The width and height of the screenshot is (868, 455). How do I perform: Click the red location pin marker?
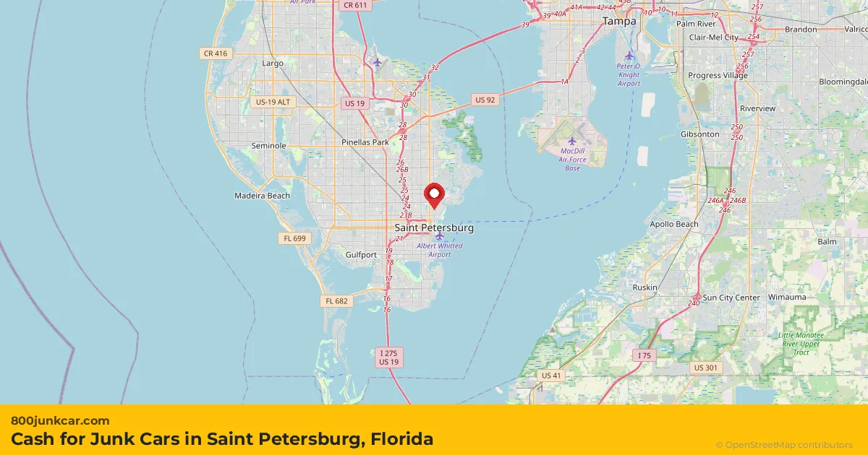433,194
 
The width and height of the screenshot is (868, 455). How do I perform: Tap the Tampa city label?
619,22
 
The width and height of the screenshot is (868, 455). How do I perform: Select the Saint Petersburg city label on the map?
434,228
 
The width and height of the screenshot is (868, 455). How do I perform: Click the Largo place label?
273,64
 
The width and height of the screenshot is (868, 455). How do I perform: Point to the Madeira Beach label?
262,196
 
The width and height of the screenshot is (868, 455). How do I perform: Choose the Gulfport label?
361,255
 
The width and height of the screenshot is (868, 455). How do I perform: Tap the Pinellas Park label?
365,142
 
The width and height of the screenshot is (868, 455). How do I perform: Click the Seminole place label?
268,146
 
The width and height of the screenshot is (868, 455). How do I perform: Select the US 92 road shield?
485,100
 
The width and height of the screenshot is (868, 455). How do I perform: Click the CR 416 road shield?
216,53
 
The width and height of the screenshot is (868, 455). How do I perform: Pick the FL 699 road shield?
295,238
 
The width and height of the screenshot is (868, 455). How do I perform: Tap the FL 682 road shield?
337,301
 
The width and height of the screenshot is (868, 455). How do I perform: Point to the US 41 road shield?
552,376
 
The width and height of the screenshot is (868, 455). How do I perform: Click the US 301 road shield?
705,368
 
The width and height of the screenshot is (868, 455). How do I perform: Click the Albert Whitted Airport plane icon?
439,236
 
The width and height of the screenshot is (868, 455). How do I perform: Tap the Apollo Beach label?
674,225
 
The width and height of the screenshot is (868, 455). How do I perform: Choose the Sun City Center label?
731,298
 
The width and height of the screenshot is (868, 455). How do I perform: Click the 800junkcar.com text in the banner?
60,420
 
